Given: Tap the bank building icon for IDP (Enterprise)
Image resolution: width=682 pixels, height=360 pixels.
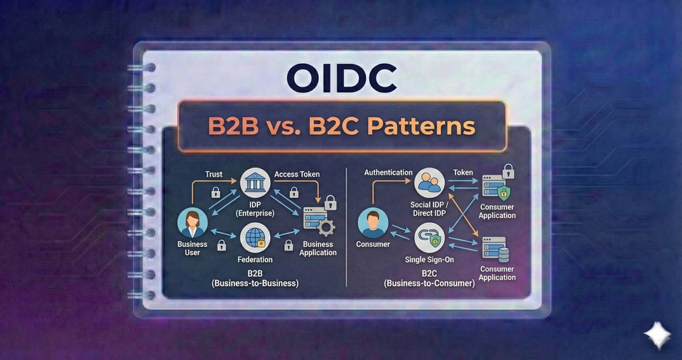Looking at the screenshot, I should [254, 184].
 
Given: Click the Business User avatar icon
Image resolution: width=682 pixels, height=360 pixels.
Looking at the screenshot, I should [193, 222].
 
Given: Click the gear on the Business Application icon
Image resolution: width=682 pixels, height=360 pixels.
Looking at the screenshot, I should [326, 228].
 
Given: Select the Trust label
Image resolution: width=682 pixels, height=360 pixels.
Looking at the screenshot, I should [214, 174].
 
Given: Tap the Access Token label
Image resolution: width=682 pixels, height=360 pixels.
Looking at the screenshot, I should [297, 174].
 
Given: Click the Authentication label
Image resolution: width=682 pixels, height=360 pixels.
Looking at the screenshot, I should [388, 173].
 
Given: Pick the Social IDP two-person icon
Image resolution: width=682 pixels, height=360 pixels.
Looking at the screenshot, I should [429, 183].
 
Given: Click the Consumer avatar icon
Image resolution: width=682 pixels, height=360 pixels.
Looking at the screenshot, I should [373, 222].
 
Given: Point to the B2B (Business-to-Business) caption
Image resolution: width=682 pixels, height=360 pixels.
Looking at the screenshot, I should [255, 278].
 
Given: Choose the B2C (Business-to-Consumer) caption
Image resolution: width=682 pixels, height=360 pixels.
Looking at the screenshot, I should [429, 278].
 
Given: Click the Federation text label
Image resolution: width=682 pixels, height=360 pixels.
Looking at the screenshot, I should [255, 259].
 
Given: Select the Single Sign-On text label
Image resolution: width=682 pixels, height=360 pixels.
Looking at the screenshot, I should [429, 259].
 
